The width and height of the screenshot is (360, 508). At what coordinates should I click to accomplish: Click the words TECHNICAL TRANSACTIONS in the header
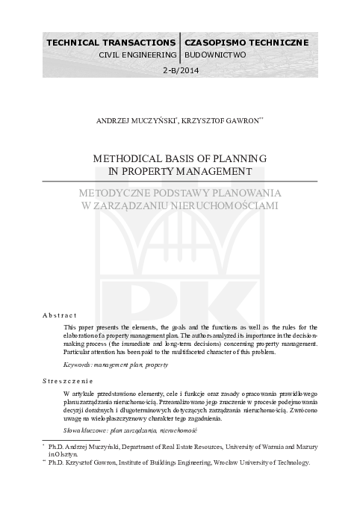click(111, 43)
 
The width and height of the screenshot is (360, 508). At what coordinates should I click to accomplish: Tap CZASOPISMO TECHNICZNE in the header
click(246, 43)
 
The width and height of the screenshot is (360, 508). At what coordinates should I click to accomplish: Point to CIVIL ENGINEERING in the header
click(137, 55)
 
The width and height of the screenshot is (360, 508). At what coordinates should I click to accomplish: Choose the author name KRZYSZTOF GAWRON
click(223, 120)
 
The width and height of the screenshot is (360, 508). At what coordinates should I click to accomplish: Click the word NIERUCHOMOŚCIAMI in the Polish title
click(222, 205)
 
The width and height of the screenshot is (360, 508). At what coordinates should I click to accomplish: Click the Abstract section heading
click(60, 316)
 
